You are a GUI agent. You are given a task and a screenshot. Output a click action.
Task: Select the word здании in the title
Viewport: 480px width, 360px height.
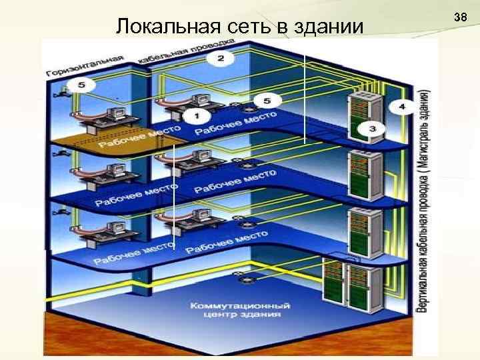[331, 27]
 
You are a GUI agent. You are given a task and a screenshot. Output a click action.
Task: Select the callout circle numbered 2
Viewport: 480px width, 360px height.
[221, 59]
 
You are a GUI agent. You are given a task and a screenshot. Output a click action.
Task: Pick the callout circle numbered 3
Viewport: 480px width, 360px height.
[372, 128]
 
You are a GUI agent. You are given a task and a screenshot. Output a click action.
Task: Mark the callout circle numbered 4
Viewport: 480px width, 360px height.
[401, 107]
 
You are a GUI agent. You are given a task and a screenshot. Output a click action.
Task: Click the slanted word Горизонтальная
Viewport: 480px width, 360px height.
[85, 64]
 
